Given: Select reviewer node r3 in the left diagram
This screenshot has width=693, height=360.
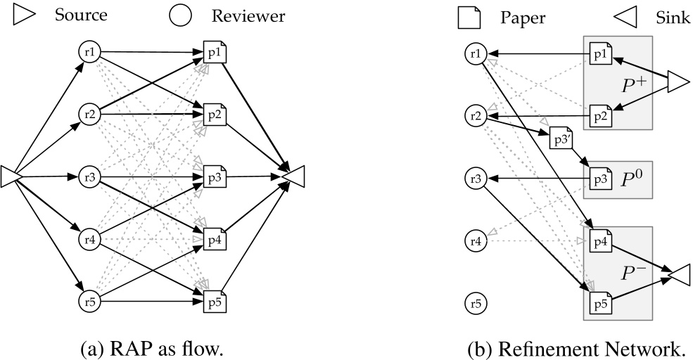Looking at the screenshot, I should tap(89, 175).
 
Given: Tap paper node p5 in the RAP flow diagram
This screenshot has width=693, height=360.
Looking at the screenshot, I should tap(215, 303).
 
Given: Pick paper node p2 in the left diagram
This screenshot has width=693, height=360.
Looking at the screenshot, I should tap(215, 115).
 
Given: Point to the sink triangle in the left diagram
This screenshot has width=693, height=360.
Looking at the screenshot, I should tap(291, 169).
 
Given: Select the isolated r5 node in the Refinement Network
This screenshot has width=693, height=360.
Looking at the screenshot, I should tap(476, 304).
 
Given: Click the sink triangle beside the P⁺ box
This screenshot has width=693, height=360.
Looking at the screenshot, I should tap(678, 82).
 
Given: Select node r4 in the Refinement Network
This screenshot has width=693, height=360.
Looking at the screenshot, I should tap(476, 241).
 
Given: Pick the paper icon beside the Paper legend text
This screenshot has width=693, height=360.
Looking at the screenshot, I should tap(469, 16).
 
